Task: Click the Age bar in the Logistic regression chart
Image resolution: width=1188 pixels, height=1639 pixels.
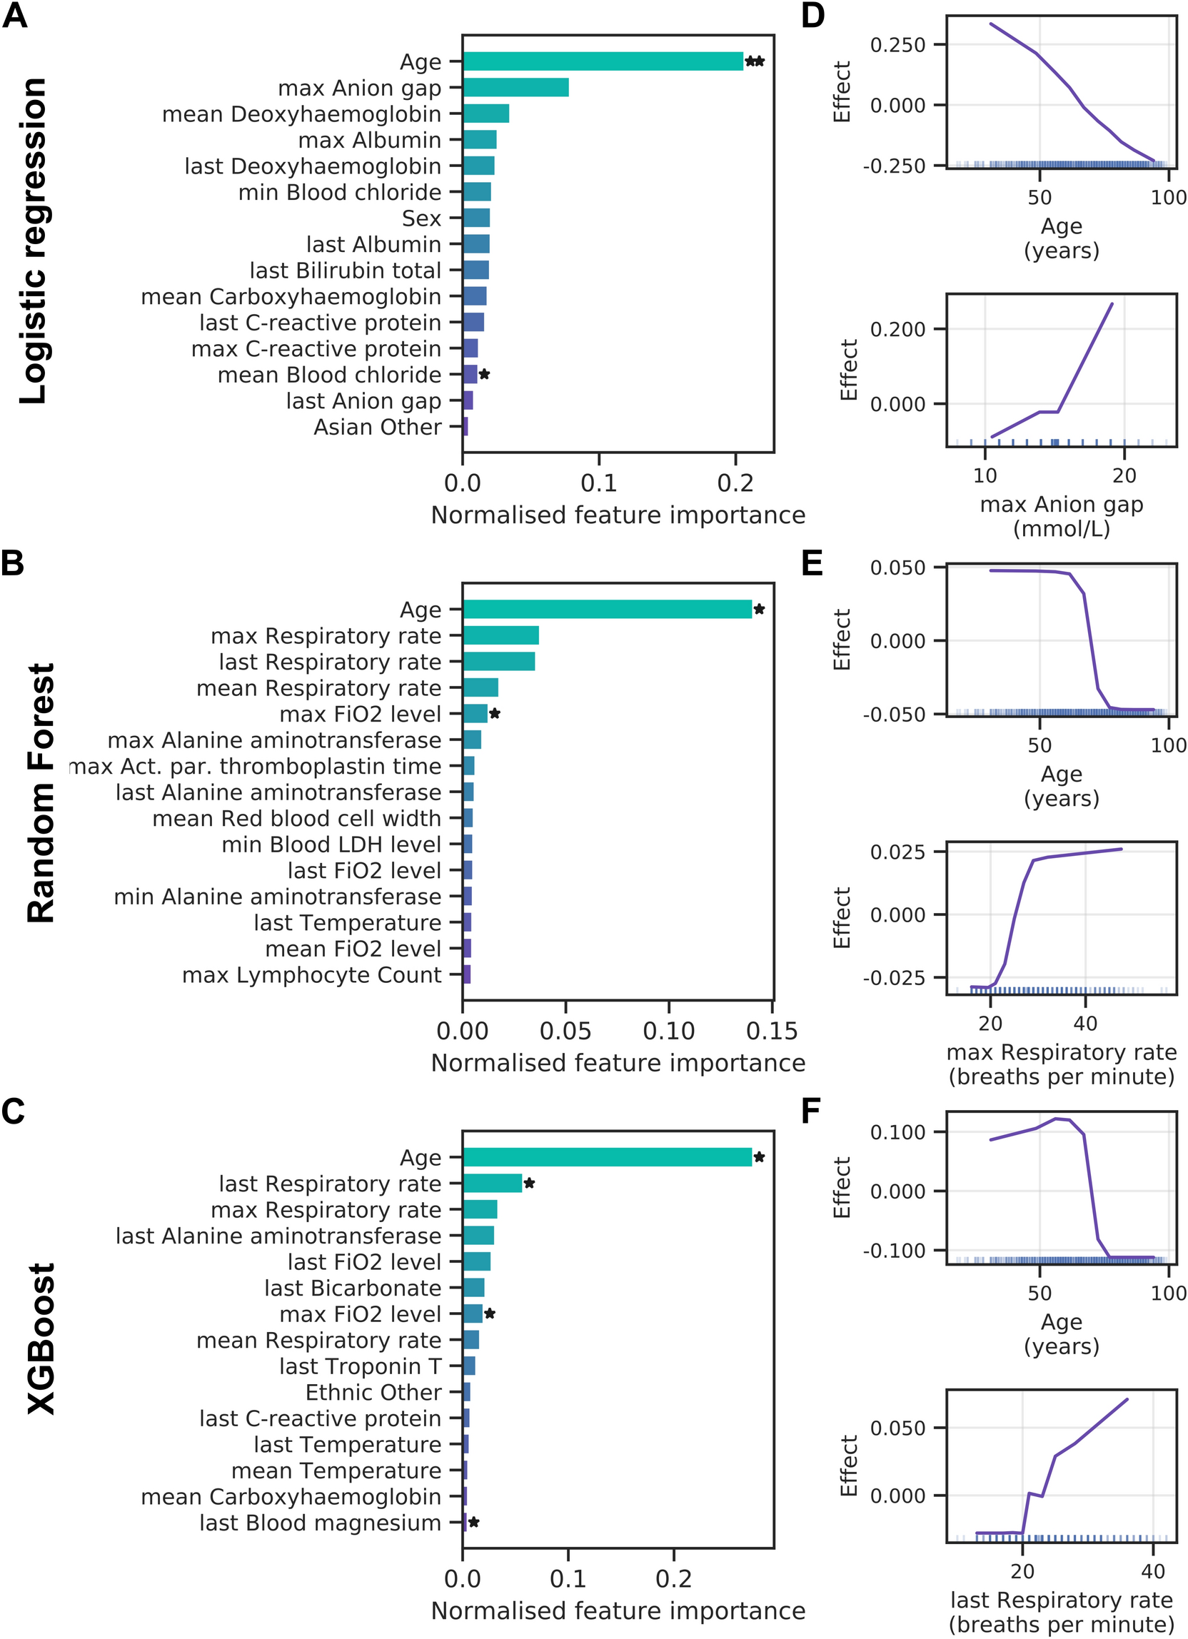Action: pyautogui.click(x=603, y=61)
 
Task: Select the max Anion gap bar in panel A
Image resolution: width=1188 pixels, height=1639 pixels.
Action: pyautogui.click(x=515, y=87)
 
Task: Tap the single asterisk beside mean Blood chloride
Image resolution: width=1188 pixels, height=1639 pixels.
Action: pyautogui.click(x=485, y=374)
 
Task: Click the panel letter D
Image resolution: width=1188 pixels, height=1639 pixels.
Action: pyautogui.click(x=813, y=14)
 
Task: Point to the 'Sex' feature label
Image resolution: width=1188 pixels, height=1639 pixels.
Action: pyautogui.click(x=421, y=218)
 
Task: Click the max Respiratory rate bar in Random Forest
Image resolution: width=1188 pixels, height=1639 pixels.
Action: pyautogui.click(x=500, y=636)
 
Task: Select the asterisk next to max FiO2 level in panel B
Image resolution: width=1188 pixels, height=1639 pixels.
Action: pyautogui.click(x=495, y=714)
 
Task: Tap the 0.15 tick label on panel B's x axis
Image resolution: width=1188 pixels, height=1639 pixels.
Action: pyautogui.click(x=772, y=1032)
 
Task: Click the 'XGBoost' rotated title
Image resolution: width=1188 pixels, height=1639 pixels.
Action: pyautogui.click(x=41, y=1338)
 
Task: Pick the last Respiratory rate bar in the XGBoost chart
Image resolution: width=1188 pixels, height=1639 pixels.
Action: pyautogui.click(x=492, y=1184)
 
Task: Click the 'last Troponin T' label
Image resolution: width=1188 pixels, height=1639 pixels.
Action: pyautogui.click(x=360, y=1366)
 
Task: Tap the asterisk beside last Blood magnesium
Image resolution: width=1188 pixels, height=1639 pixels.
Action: pyautogui.click(x=474, y=1523)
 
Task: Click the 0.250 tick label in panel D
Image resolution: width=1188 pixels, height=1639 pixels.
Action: pyautogui.click(x=897, y=45)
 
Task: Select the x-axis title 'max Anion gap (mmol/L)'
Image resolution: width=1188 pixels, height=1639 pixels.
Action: pyautogui.click(x=1061, y=516)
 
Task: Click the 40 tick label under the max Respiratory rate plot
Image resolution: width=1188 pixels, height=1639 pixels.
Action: pyautogui.click(x=1084, y=1023)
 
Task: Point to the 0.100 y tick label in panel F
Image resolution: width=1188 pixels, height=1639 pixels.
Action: pyautogui.click(x=897, y=1132)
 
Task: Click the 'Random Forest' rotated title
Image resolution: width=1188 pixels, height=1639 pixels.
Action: pyautogui.click(x=41, y=793)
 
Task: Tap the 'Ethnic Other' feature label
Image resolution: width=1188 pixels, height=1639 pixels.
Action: pyautogui.click(x=373, y=1392)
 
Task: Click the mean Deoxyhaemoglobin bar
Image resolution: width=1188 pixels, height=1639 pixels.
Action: pyautogui.click(x=485, y=114)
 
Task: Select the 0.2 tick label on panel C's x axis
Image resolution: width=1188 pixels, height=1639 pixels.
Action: pyautogui.click(x=673, y=1579)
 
